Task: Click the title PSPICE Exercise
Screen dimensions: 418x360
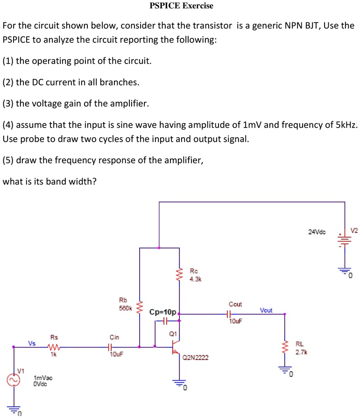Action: pos(181,6)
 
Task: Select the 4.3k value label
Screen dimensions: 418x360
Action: pos(195,279)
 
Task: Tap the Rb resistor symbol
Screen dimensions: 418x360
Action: pos(139,306)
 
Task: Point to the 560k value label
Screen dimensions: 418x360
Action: pos(126,308)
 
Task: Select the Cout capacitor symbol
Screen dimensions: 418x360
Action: pos(229,314)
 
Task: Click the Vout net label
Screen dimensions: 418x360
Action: pos(266,310)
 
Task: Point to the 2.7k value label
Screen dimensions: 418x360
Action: pos(300,352)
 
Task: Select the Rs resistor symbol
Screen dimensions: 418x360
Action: pos(53,347)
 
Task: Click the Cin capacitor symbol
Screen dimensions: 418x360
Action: pos(110,347)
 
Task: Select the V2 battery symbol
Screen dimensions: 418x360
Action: pos(345,240)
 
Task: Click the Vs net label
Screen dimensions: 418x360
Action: pos(32,343)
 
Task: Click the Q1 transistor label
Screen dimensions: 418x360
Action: pos(173,333)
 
